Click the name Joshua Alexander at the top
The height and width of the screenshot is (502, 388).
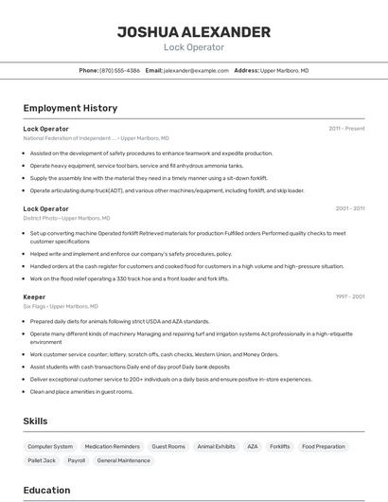click(193, 32)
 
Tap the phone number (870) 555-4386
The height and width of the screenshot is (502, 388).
click(120, 70)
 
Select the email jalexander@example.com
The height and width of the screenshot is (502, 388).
click(196, 70)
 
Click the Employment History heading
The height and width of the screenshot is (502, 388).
click(70, 108)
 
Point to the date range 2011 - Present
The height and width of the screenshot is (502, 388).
click(346, 128)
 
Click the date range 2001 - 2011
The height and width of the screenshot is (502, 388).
click(349, 208)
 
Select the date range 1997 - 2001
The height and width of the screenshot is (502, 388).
click(349, 296)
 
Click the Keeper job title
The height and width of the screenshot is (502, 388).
click(34, 296)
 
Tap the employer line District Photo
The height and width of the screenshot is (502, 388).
click(60, 218)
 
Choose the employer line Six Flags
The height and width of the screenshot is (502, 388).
click(61, 306)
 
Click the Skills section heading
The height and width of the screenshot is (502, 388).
click(36, 420)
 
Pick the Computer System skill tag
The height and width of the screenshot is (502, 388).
click(50, 446)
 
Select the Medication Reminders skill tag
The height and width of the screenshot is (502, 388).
click(112, 446)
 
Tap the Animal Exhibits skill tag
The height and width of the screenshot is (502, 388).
click(216, 446)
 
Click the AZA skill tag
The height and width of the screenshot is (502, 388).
click(252, 446)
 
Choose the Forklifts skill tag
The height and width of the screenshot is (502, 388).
click(279, 446)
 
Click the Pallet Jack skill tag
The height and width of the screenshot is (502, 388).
click(42, 460)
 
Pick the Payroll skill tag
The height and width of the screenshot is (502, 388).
click(77, 460)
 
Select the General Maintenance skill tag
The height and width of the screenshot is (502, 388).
click(123, 460)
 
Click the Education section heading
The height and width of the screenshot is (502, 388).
click(46, 490)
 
